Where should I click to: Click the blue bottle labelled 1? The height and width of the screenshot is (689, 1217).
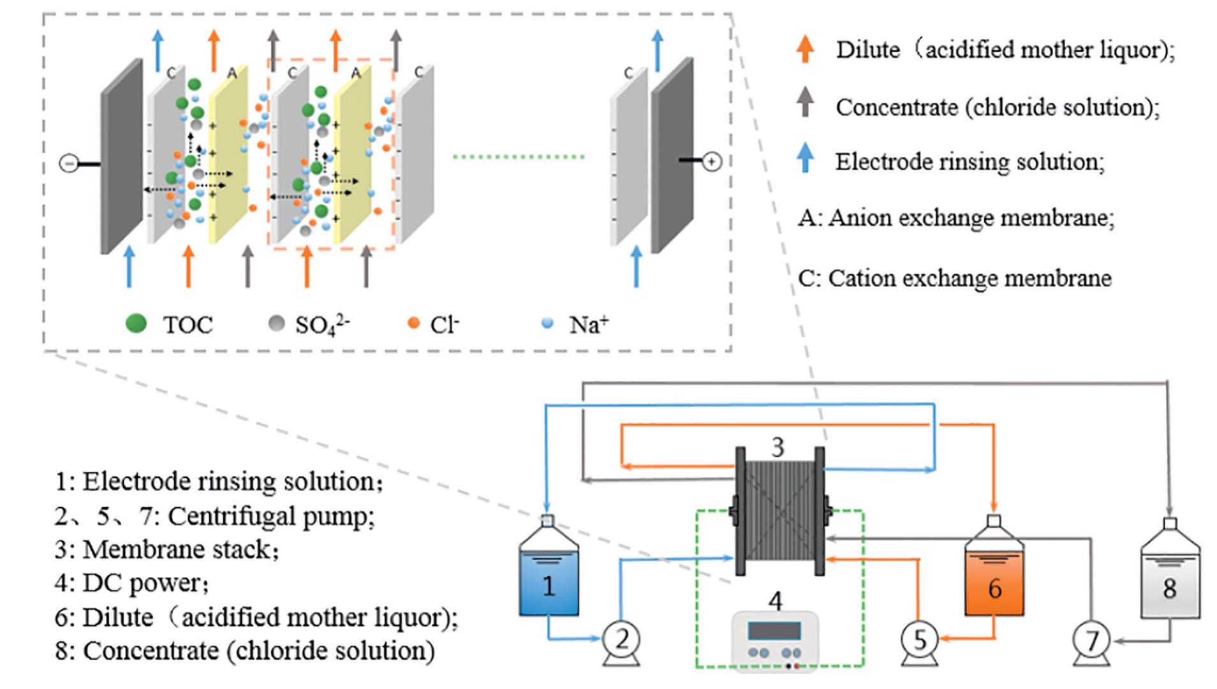tap(549, 577)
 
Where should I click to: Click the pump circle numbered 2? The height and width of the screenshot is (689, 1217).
tap(622, 639)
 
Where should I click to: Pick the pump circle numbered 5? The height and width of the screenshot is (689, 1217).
tap(919, 639)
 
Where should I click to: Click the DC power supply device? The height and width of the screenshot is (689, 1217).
tap(774, 641)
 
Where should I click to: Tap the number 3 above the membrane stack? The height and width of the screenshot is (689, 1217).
tap(777, 447)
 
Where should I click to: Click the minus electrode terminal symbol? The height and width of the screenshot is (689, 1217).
tap(68, 164)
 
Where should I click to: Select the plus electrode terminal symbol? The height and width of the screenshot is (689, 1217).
tap(712, 161)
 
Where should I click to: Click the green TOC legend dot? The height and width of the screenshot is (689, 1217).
tap(136, 323)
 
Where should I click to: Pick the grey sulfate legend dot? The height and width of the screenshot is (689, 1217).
tap(276, 323)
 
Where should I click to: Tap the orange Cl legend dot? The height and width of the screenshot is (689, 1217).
tap(413, 323)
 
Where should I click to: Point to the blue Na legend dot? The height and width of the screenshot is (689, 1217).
tap(547, 323)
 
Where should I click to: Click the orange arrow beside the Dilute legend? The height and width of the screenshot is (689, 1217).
tap(805, 48)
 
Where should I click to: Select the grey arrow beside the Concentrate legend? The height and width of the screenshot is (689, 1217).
tap(805, 101)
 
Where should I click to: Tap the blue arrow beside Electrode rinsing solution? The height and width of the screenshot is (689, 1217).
tap(806, 157)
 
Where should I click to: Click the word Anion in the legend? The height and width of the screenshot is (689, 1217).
tap(857, 218)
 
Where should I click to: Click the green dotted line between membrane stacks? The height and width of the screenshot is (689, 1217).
tap(518, 156)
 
